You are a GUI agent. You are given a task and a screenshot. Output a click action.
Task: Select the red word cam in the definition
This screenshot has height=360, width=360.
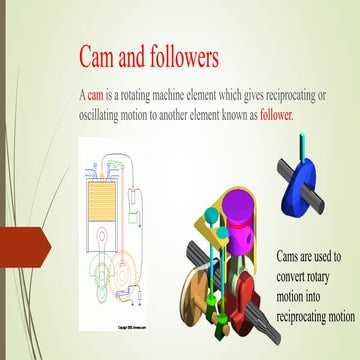[96, 96]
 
